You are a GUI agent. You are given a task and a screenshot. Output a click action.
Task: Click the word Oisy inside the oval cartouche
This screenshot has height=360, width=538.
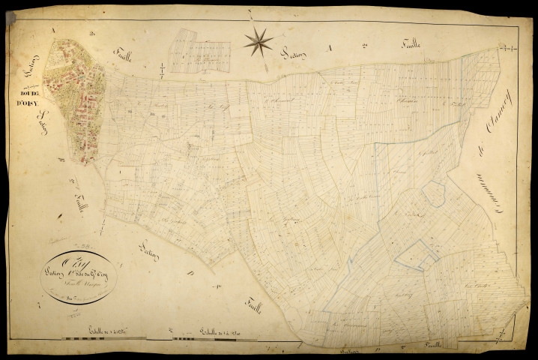[58, 262]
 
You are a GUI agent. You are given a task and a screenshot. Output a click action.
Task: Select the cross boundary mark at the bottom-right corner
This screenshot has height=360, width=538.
[516, 318]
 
